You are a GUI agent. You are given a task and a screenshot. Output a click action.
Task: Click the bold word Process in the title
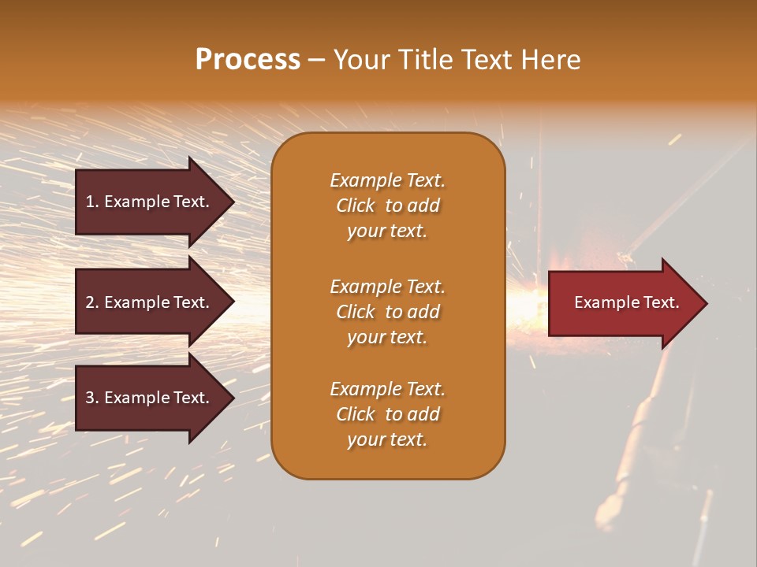coord(248,60)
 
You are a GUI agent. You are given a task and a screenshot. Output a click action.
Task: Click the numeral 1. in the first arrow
coord(92,202)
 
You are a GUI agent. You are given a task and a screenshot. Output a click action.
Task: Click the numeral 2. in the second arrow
coord(92,302)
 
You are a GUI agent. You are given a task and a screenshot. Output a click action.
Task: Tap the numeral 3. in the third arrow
coord(92,398)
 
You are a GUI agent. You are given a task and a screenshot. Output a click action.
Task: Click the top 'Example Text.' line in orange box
coord(387,180)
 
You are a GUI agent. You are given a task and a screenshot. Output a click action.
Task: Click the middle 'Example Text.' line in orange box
coord(387,287)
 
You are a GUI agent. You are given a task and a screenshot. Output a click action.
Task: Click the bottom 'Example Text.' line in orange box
coord(387,389)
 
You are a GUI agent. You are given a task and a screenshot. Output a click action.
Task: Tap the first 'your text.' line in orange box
coord(387,232)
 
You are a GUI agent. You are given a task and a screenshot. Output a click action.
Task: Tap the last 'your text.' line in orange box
coord(387,440)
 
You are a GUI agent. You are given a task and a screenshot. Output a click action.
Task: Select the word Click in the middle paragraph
coord(355,312)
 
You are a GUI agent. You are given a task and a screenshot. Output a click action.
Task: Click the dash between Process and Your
coord(316,61)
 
